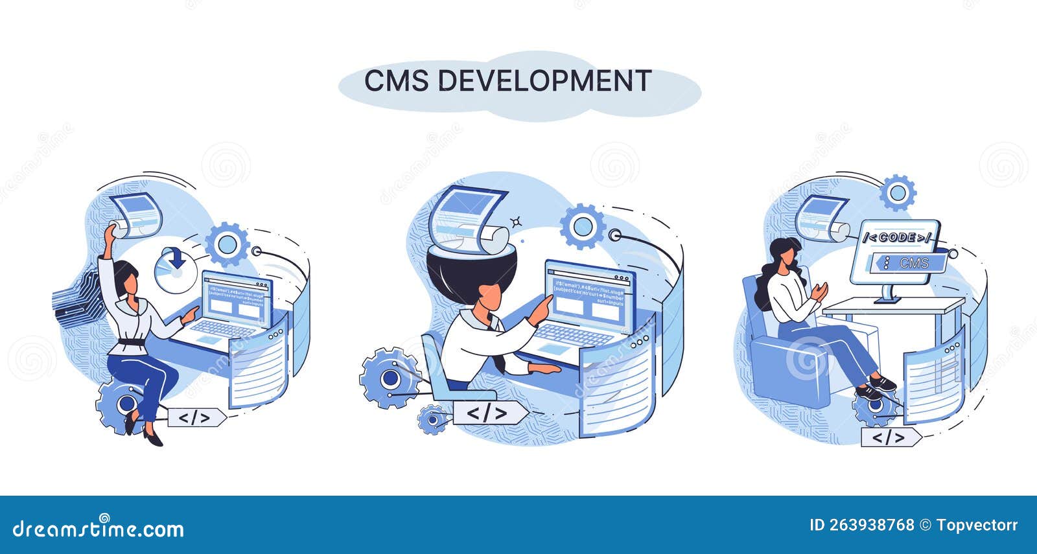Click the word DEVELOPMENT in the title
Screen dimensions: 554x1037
[x=544, y=81]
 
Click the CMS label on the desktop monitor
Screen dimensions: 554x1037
[x=915, y=263]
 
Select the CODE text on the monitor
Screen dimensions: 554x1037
[x=897, y=238]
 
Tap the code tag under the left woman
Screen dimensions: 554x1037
[x=195, y=418]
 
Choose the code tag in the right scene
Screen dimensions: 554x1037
[x=889, y=438]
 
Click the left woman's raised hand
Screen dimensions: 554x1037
[x=111, y=228]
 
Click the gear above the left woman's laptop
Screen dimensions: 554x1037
[x=227, y=244]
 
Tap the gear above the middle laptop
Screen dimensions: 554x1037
[x=583, y=227]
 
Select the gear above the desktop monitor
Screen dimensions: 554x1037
[x=898, y=192]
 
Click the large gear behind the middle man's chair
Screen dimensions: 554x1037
[x=390, y=378]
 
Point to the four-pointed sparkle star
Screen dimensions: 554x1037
[x=516, y=222]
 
